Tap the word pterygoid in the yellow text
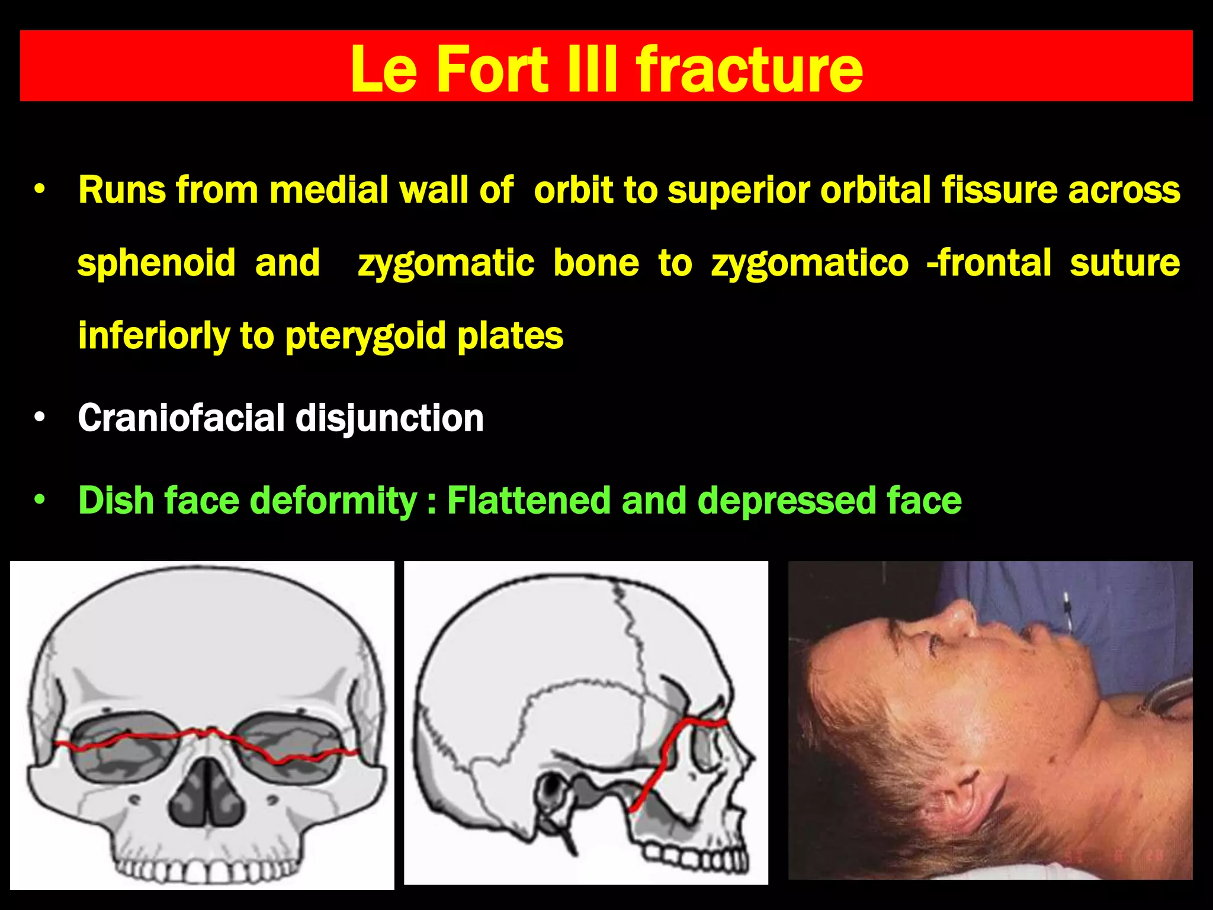pos(366,337)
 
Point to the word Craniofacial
pos(181,418)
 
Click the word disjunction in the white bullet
pos(389,418)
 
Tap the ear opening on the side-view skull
pos(551,789)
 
